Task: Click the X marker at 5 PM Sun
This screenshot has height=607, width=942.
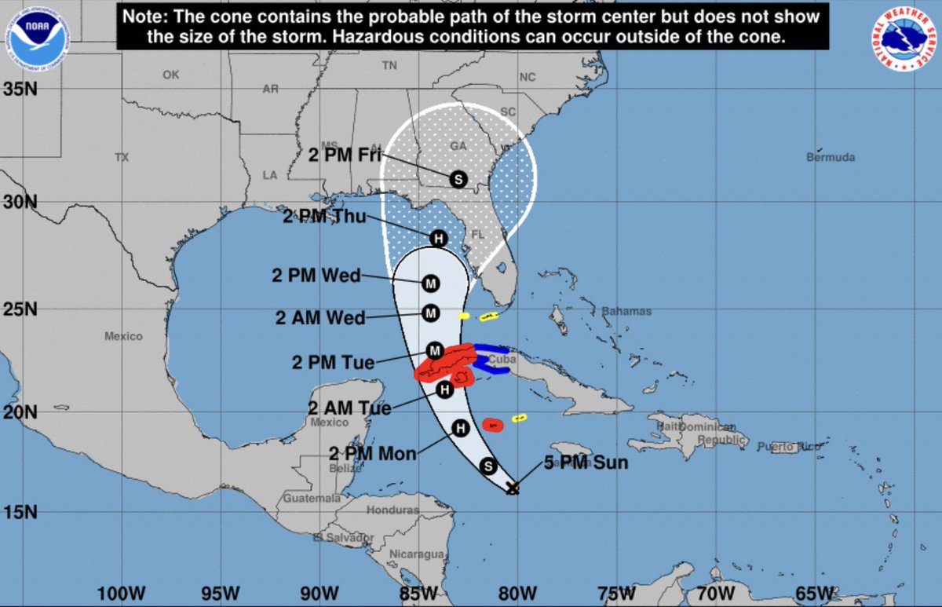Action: (x=513, y=488)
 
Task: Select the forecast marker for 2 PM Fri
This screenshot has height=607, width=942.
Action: (x=458, y=179)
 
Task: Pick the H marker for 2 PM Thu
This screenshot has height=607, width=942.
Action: (x=438, y=238)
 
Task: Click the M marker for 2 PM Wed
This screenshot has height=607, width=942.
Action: (x=430, y=283)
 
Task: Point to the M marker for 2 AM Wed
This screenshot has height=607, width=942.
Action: (x=430, y=313)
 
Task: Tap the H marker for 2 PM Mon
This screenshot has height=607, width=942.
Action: (x=461, y=428)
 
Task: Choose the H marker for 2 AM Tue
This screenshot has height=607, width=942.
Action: (x=444, y=389)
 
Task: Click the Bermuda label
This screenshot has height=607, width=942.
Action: (x=831, y=158)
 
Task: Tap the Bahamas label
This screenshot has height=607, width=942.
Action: (x=626, y=312)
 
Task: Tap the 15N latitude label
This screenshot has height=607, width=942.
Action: (x=20, y=513)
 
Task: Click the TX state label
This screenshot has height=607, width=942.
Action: (x=122, y=157)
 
